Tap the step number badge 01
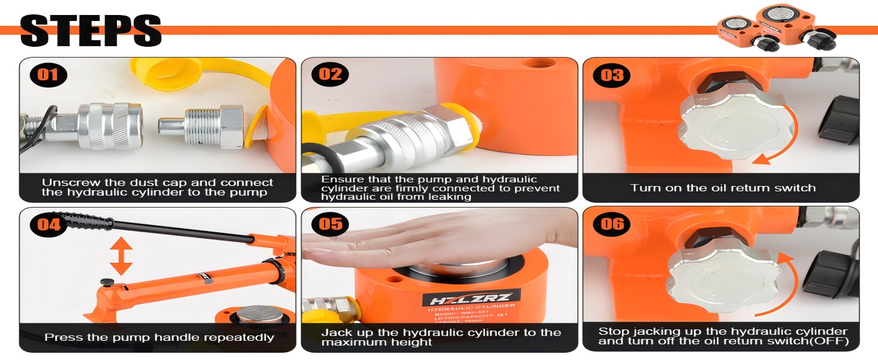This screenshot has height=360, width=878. click(x=48, y=74)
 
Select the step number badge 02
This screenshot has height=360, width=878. click(x=330, y=74)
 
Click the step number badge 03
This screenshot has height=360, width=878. click(x=612, y=74)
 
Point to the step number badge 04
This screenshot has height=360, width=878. click(x=48, y=224)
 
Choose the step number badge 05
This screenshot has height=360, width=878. click(x=330, y=224)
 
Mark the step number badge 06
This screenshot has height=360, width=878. click(x=612, y=224)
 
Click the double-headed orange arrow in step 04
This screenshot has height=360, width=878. click(x=121, y=256)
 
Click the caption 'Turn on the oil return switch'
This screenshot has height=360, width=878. click(x=723, y=188)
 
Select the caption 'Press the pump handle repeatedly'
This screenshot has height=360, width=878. click(x=159, y=337)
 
